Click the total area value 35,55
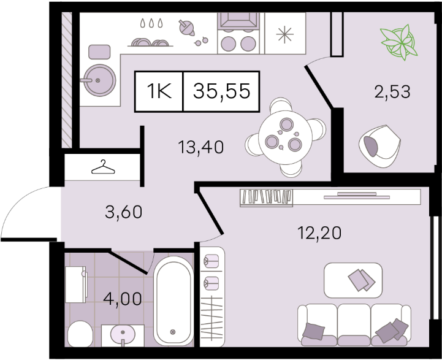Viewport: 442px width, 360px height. point(221,91)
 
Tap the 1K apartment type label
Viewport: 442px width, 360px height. point(159,91)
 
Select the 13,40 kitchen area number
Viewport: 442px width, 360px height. point(201,147)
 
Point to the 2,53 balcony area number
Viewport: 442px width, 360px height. point(392,92)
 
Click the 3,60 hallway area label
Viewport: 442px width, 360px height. point(123,212)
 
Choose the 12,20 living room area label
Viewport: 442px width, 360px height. point(319,233)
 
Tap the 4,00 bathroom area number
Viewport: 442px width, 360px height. point(123,299)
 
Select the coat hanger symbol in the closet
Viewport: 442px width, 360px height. point(103,167)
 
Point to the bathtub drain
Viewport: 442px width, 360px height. point(173,332)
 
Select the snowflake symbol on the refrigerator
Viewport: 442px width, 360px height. point(284,34)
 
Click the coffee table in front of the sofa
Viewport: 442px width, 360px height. point(353,280)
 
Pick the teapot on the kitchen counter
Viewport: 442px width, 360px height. point(186,28)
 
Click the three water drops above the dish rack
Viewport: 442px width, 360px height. point(151,23)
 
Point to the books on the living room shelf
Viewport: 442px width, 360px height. point(266,197)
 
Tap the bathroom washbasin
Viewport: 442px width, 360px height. point(123,335)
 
